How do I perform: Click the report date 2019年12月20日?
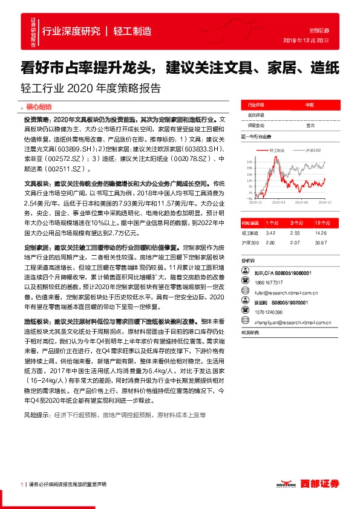(306, 41)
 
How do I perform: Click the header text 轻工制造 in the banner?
(132, 31)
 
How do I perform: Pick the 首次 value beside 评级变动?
(310, 125)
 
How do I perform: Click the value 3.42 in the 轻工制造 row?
(270, 233)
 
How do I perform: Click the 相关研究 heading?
(250, 332)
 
